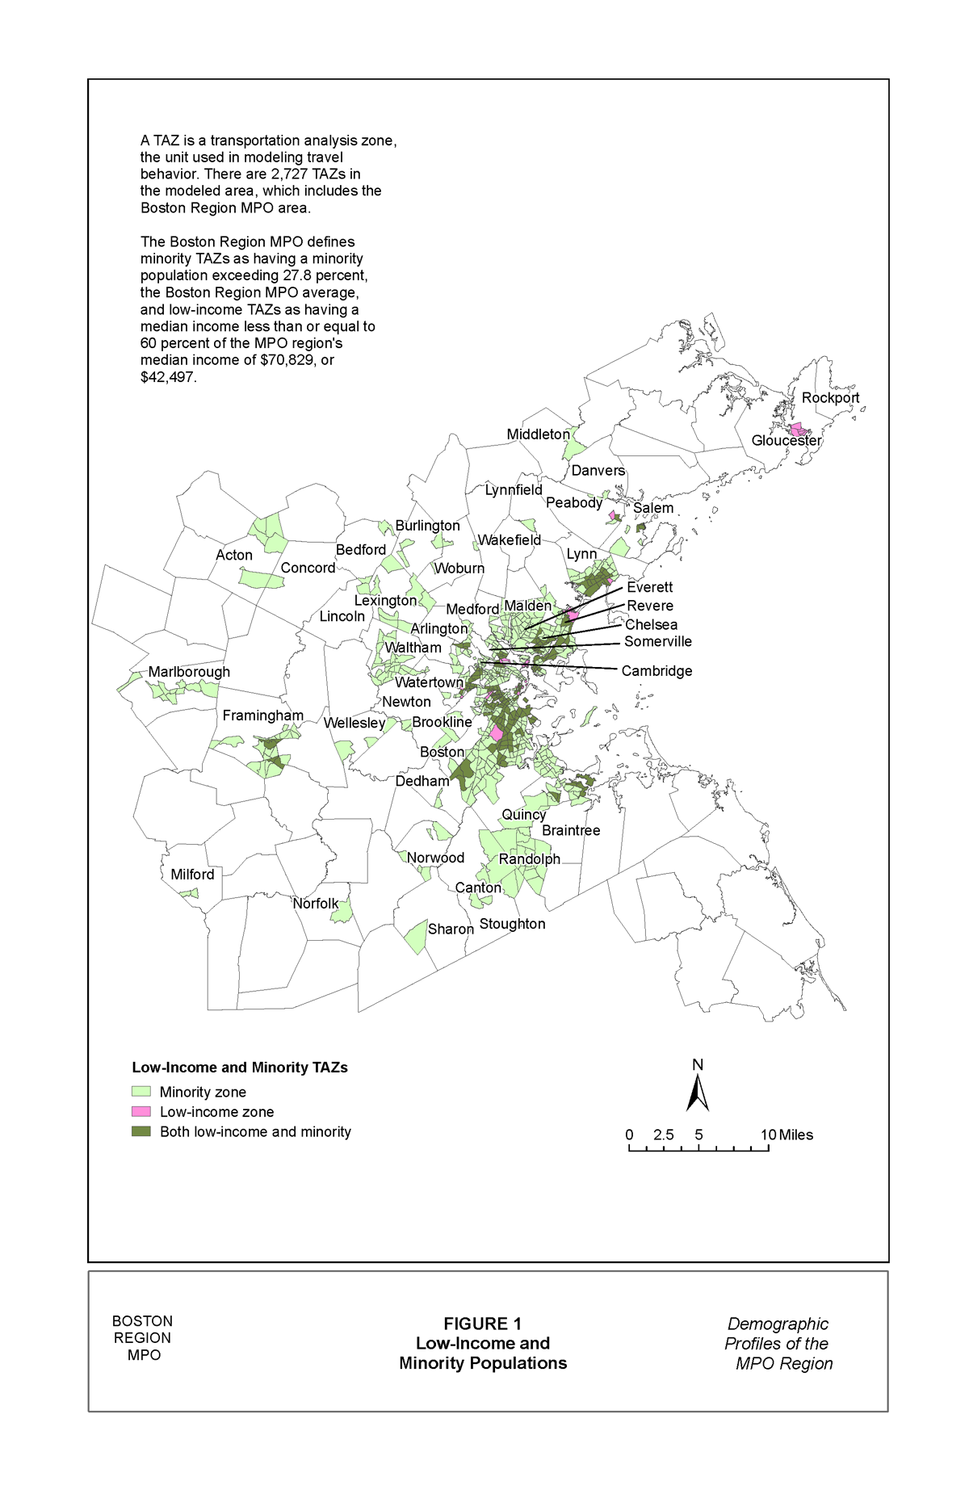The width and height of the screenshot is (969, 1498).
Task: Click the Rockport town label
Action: tap(830, 398)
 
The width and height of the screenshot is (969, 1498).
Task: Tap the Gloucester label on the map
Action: tap(786, 441)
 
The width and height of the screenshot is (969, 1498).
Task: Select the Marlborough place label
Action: tap(189, 672)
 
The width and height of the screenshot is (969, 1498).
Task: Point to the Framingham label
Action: tap(263, 715)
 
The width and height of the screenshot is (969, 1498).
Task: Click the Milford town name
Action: tap(192, 875)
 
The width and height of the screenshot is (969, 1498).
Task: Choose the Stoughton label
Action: tap(512, 924)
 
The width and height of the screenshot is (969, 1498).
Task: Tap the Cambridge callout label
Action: tap(656, 671)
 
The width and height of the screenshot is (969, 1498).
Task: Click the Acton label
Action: tap(234, 556)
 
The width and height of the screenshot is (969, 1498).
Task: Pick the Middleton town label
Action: tap(538, 434)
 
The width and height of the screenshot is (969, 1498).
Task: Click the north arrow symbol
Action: tap(698, 1093)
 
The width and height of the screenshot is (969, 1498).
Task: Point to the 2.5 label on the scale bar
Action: tap(664, 1135)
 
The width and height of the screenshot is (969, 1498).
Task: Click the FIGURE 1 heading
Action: tap(482, 1324)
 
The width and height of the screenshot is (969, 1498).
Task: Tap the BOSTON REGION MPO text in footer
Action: tap(143, 1338)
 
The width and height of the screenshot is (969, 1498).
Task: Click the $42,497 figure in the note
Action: tap(168, 377)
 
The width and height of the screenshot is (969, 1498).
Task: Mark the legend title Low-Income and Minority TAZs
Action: tap(240, 1068)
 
